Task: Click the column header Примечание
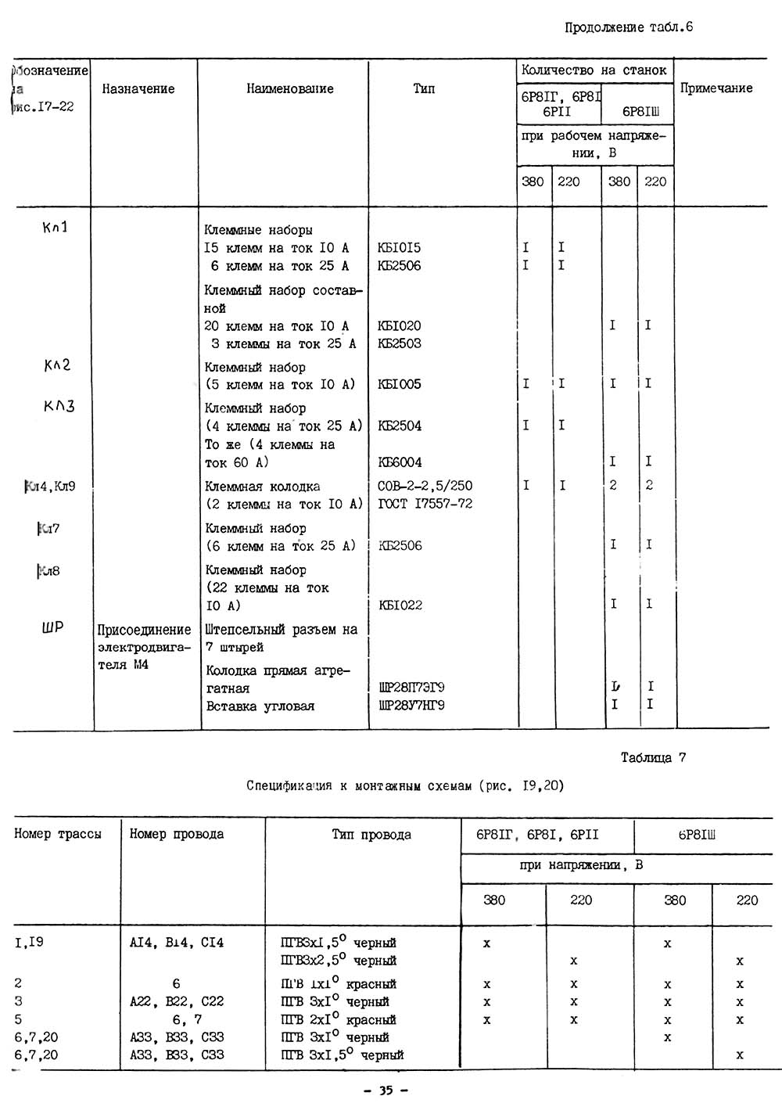click(x=716, y=88)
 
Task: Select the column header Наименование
click(x=289, y=89)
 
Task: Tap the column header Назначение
click(x=138, y=89)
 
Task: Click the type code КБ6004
click(x=400, y=462)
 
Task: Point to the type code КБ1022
click(x=400, y=605)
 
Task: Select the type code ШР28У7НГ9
click(x=411, y=706)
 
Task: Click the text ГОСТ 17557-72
click(x=425, y=504)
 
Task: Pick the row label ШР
click(x=52, y=627)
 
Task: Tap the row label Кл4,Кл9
click(x=51, y=487)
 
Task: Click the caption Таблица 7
click(x=653, y=757)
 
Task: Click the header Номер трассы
click(x=58, y=834)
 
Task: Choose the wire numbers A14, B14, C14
click(x=176, y=943)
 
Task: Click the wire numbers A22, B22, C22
click(x=176, y=1001)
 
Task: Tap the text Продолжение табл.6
click(x=629, y=28)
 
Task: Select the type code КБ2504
click(x=400, y=426)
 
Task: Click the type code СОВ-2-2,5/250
click(x=425, y=486)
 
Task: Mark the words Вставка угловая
click(x=260, y=706)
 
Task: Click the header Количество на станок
click(x=594, y=70)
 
